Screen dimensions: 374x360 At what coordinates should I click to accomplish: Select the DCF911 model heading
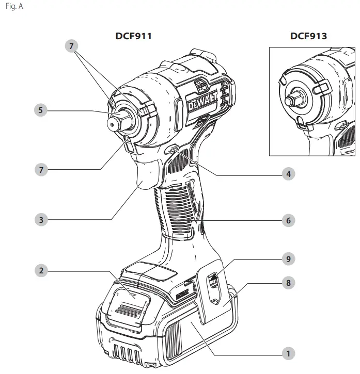click(133, 36)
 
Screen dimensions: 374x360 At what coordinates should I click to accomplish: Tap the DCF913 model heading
click(308, 36)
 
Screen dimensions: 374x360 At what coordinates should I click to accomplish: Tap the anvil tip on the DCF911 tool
click(112, 123)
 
